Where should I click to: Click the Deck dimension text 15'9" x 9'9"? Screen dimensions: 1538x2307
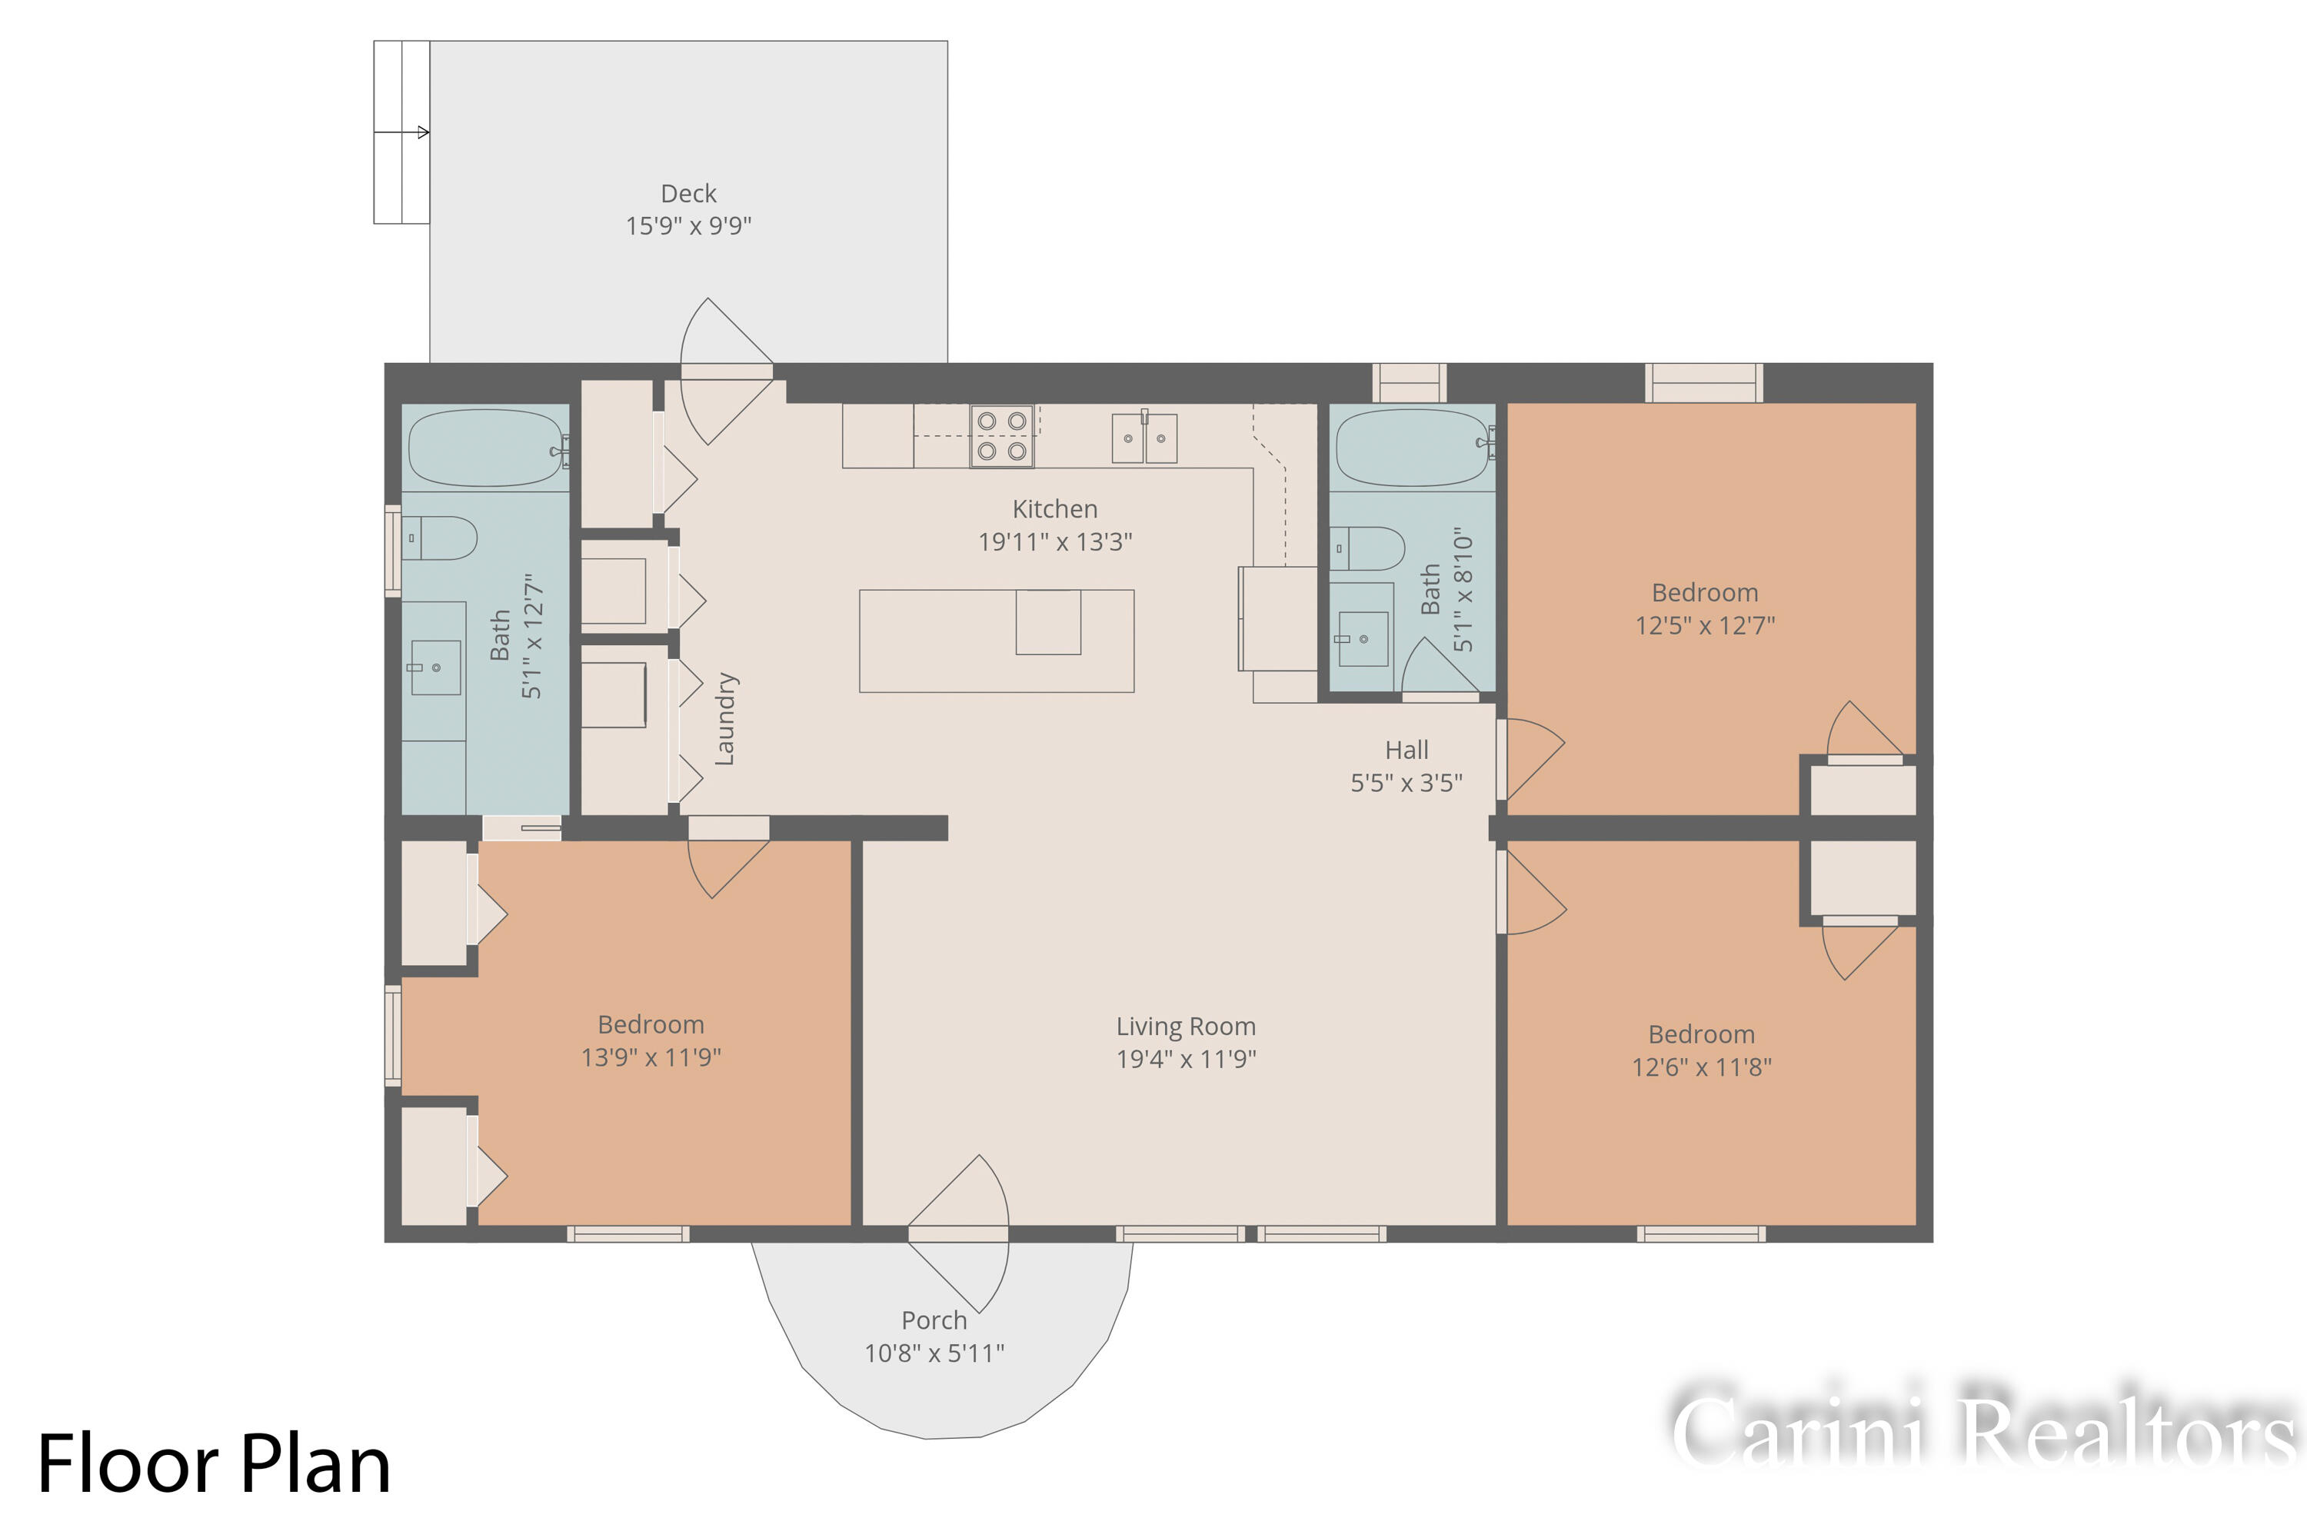(x=688, y=225)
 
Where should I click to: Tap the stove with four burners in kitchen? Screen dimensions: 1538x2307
(x=1001, y=435)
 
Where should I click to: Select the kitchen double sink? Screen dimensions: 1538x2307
(x=1144, y=438)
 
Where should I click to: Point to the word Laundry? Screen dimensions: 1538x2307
(x=725, y=719)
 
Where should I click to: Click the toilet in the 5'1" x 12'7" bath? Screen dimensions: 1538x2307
(x=441, y=538)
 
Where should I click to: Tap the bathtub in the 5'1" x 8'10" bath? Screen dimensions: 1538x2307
(x=1413, y=448)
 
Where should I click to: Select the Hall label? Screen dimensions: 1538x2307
(x=1407, y=751)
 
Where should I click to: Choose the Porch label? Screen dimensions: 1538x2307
(x=934, y=1320)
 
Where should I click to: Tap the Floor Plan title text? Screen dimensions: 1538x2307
(x=214, y=1464)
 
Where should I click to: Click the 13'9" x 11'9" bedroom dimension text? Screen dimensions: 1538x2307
(x=651, y=1057)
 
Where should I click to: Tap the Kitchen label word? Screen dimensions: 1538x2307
(x=1054, y=509)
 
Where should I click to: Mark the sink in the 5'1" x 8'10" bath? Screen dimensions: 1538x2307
(x=1363, y=638)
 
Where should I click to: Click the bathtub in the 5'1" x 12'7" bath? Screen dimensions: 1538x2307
(x=485, y=448)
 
